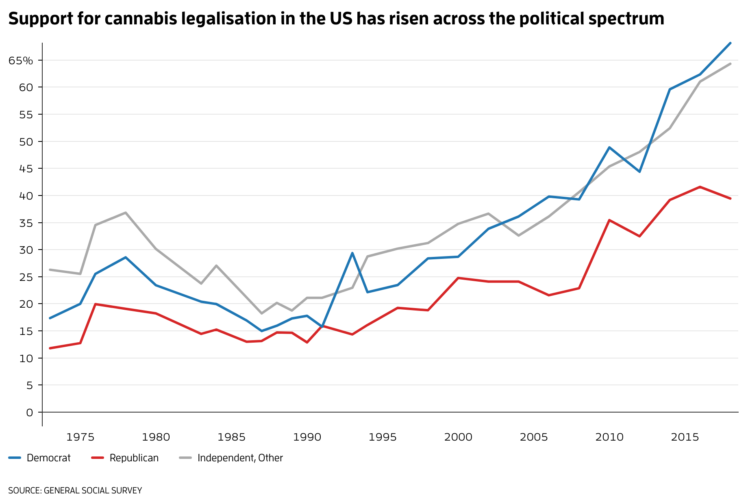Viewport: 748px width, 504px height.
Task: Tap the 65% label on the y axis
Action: (21, 61)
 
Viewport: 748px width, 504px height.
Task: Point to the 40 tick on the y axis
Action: (26, 196)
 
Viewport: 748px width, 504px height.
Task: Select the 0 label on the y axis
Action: (29, 413)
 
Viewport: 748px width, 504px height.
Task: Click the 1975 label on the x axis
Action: (80, 437)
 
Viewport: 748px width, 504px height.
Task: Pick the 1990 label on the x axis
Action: (307, 437)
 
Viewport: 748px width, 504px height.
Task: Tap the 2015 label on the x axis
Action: (685, 437)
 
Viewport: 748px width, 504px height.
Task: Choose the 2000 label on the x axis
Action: (458, 437)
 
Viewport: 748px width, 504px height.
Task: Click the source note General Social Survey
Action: (75, 491)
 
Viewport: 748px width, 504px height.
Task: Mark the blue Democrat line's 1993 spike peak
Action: (352, 253)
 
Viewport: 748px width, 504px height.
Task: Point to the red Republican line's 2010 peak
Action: (609, 220)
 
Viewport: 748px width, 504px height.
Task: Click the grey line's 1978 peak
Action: (126, 213)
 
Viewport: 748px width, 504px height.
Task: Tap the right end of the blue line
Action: (730, 43)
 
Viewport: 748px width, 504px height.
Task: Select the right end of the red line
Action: (730, 198)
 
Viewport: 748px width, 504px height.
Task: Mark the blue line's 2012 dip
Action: (639, 172)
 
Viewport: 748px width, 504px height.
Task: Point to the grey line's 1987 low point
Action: (261, 313)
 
